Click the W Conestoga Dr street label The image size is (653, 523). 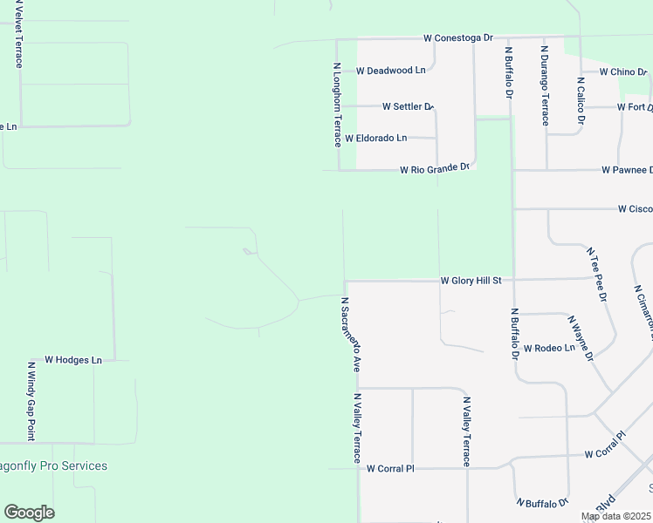click(x=458, y=38)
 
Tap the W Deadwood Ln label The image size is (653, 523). click(x=391, y=70)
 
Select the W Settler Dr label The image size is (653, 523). click(x=408, y=106)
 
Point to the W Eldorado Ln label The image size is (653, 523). click(x=375, y=138)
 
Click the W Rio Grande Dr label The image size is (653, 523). click(x=435, y=168)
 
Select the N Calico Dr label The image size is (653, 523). click(x=581, y=102)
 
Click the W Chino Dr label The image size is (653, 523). click(x=622, y=71)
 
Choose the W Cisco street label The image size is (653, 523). click(x=635, y=209)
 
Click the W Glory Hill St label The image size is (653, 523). click(x=471, y=281)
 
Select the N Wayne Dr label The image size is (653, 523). click(x=581, y=337)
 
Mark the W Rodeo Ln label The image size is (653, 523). click(x=549, y=348)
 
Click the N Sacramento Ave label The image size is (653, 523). click(x=351, y=335)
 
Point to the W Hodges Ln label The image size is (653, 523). click(x=73, y=359)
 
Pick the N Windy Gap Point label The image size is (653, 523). click(x=31, y=401)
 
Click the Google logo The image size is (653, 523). click(x=29, y=513)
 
